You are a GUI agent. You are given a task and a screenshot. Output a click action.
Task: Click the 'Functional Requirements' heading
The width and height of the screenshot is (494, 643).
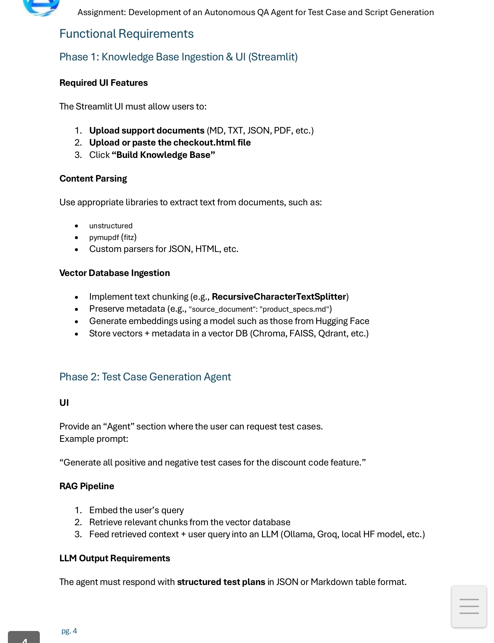coord(126,34)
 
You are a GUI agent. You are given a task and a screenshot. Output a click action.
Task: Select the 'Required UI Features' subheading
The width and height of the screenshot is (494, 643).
coord(103,83)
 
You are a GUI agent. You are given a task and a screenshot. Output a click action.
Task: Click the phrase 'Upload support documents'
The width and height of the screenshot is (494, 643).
coord(147,131)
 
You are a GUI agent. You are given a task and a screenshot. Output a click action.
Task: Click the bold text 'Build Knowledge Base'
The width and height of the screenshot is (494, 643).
coord(163,155)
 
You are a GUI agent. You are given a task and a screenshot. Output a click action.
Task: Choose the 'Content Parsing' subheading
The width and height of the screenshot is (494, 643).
coord(93,179)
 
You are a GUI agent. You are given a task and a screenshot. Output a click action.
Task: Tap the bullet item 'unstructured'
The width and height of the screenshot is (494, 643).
coord(111,226)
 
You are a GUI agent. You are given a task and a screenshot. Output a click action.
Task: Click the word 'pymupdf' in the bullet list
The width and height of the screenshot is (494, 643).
coord(104,238)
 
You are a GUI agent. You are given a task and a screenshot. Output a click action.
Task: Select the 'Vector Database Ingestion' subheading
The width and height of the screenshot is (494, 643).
coord(114,273)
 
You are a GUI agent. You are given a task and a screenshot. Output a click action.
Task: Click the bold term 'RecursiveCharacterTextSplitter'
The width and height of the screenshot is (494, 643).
coord(279,297)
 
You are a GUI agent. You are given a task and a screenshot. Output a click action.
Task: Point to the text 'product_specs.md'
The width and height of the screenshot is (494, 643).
coord(294,309)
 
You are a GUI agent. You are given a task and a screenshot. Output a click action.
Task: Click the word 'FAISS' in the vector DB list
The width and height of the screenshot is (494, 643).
coord(301,334)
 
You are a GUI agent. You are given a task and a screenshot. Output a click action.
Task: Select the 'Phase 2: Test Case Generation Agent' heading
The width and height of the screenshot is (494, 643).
coord(145,377)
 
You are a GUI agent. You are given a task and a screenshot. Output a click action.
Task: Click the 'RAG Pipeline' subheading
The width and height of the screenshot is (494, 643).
coord(87,486)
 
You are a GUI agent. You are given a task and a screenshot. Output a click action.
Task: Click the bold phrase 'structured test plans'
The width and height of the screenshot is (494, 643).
coord(221,582)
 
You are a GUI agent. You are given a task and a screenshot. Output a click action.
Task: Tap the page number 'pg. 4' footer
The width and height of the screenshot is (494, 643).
coord(69,631)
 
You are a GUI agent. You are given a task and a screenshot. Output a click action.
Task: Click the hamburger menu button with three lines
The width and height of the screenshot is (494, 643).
coord(469,606)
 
